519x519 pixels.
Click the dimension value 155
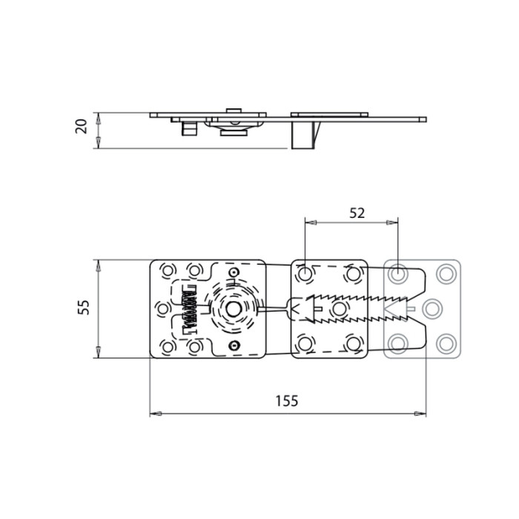click(x=285, y=401)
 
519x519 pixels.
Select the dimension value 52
click(x=357, y=213)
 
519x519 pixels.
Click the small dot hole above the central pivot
click(x=234, y=273)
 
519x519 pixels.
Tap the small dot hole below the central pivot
click(x=234, y=346)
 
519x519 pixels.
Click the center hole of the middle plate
click(x=340, y=307)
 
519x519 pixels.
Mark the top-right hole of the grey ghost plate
click(x=446, y=274)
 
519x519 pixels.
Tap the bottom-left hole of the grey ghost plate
click(x=399, y=342)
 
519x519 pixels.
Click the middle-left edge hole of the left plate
click(x=164, y=307)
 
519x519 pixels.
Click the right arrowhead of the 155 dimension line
click(x=424, y=413)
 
